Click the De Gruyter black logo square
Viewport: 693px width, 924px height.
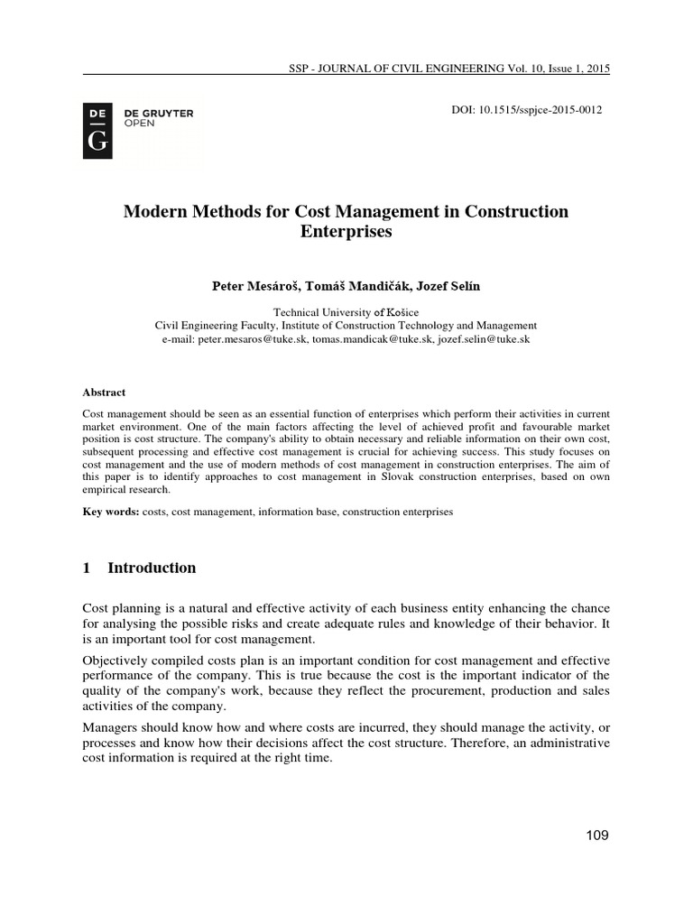(97, 131)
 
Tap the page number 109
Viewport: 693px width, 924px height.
(596, 836)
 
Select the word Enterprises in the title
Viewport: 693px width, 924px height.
(346, 231)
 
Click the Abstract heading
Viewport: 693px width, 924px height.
(104, 393)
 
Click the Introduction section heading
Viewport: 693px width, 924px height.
(152, 568)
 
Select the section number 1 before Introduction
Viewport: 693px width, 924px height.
(87, 568)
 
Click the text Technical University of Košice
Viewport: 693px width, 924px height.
(346, 310)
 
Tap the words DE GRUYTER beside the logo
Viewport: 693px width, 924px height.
(158, 114)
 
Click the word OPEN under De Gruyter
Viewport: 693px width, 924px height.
(139, 124)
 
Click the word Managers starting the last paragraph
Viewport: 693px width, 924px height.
(112, 725)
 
